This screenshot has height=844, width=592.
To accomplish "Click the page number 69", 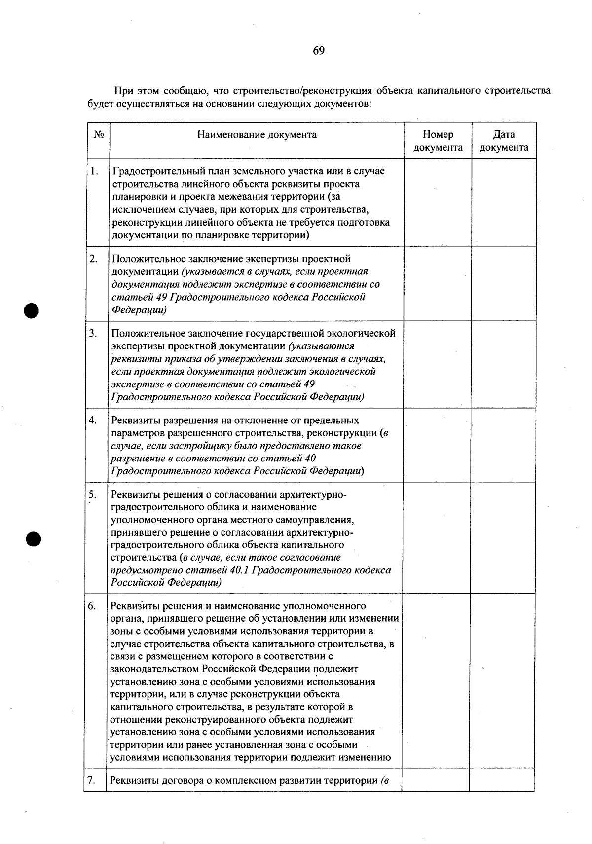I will click(318, 51).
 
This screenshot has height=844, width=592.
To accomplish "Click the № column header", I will click(98, 135).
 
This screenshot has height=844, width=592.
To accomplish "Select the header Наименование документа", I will click(257, 135).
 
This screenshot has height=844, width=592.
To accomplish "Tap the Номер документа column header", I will click(438, 141).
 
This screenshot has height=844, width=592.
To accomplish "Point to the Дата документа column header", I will click(504, 141).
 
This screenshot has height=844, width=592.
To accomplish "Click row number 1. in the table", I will click(94, 171).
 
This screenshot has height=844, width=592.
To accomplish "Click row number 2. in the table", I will click(94, 259).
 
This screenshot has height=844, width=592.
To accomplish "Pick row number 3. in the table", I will click(93, 333).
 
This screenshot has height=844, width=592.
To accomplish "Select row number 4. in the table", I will click(93, 421).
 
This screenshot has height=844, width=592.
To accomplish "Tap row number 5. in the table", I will click(92, 495).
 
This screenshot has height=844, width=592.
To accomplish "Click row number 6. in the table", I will click(92, 606).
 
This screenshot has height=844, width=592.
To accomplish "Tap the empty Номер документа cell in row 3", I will click(437, 364).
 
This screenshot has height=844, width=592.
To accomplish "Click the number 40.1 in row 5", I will click(242, 570).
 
